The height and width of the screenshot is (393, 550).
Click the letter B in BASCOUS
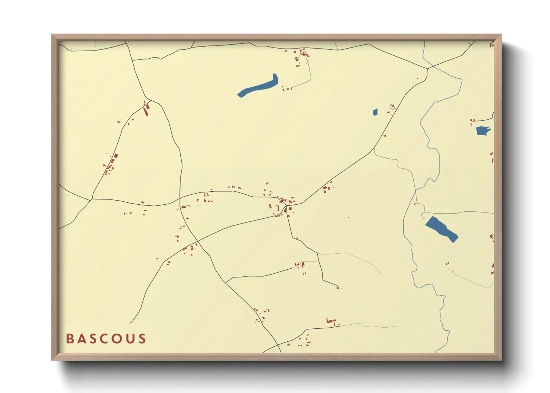(x=69, y=339)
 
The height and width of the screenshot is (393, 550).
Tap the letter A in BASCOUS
(x=81, y=339)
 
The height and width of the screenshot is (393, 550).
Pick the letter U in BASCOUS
(x=130, y=339)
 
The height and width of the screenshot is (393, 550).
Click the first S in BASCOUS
(x=93, y=339)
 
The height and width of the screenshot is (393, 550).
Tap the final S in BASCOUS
(x=142, y=339)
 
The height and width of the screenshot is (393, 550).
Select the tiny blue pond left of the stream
(x=375, y=112)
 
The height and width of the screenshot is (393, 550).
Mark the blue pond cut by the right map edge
(x=483, y=131)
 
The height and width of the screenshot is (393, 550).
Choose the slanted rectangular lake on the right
(x=441, y=229)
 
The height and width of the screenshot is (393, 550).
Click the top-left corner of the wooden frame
(x=52, y=35)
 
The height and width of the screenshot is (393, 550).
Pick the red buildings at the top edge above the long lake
(x=302, y=54)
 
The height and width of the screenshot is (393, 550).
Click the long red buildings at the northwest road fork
(x=147, y=109)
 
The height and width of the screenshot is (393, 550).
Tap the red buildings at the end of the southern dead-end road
(x=338, y=288)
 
